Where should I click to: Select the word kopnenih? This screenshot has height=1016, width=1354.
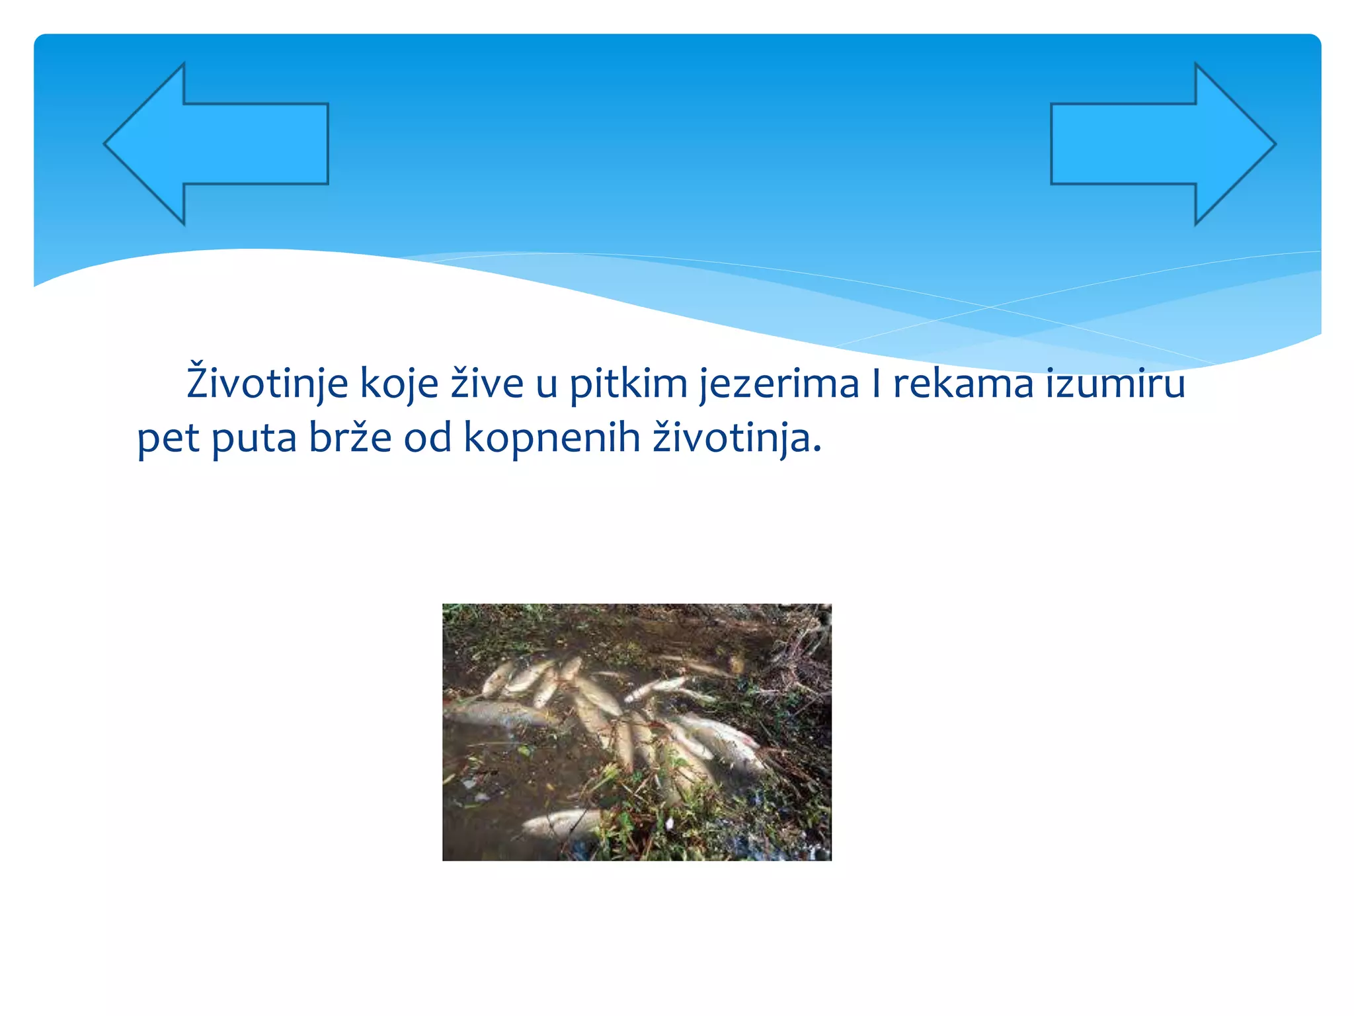(x=552, y=438)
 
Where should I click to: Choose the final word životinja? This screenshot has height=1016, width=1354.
(x=731, y=438)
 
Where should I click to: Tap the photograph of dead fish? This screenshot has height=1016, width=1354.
(x=637, y=732)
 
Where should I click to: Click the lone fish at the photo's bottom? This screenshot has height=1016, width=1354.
(x=562, y=824)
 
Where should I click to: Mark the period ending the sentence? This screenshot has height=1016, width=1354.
(x=818, y=450)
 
